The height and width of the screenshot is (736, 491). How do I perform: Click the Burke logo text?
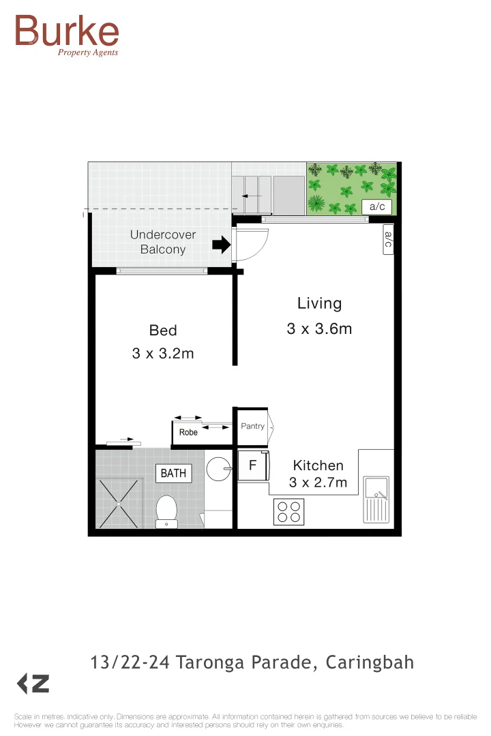tap(67, 32)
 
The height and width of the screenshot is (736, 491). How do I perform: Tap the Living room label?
tap(319, 304)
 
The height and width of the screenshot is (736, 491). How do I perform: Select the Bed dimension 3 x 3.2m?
tap(163, 354)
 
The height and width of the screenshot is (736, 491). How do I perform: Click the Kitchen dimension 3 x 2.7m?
tap(318, 483)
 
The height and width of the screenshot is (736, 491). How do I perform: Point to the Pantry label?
tap(252, 427)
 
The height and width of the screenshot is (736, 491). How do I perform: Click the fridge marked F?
tap(252, 467)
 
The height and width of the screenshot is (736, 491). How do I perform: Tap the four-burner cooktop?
tap(288, 512)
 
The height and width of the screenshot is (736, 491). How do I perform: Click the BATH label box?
tap(173, 473)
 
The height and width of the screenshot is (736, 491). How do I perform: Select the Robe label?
tap(188, 433)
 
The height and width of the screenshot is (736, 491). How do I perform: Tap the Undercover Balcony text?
tap(163, 242)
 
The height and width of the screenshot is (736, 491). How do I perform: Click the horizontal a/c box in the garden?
tap(376, 206)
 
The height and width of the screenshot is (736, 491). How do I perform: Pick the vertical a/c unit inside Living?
tap(388, 239)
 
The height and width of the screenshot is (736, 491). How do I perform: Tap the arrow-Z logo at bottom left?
tap(32, 684)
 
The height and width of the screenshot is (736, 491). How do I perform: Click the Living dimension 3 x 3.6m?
tap(319, 329)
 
